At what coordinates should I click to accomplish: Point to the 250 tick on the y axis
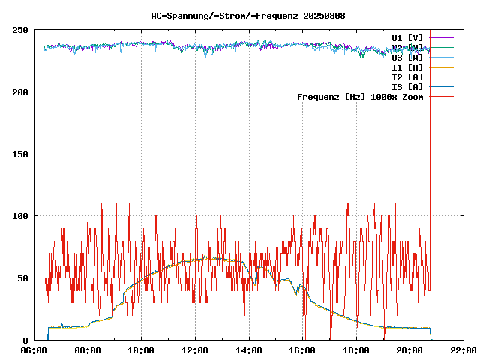(x=20, y=30)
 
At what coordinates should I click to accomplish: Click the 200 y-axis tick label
(x=20, y=92)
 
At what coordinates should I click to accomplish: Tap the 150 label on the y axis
(x=20, y=154)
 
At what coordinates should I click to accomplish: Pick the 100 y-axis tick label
(x=20, y=216)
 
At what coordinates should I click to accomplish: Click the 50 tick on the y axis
(x=23, y=278)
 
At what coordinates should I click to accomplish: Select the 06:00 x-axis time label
(x=34, y=350)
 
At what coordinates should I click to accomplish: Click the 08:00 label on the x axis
(x=88, y=350)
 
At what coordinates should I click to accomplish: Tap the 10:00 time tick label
(x=142, y=350)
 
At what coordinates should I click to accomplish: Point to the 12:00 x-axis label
(x=195, y=350)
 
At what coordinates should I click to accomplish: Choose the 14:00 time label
(x=248, y=350)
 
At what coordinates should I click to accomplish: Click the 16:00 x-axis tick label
(x=302, y=350)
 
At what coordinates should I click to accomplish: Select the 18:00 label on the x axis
(x=355, y=350)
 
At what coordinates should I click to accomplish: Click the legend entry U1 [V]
(x=407, y=37)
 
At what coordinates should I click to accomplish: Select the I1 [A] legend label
(x=407, y=67)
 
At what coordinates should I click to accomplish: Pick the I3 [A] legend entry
(x=407, y=87)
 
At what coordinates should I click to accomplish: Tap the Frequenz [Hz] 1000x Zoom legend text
(x=360, y=97)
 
